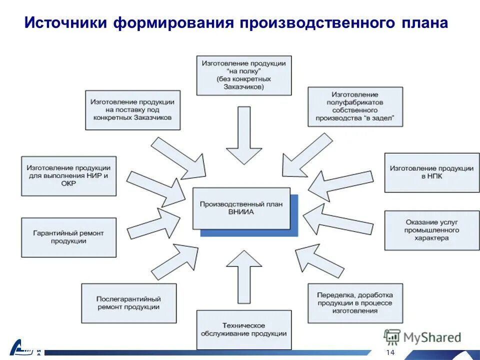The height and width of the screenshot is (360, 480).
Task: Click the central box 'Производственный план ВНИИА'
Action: tap(241, 208)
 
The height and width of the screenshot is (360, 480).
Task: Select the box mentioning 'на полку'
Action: tap(243, 75)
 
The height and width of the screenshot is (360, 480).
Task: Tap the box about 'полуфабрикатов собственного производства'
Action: tap(355, 106)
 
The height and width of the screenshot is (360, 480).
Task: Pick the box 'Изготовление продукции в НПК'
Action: tap(431, 172)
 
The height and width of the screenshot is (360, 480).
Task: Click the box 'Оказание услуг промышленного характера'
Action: tap(431, 230)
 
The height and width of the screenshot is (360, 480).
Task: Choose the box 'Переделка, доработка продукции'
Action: tap(355, 303)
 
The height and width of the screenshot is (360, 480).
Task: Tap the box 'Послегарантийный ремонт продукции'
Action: tap(128, 303)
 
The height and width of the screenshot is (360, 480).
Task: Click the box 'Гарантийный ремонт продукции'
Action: tap(68, 237)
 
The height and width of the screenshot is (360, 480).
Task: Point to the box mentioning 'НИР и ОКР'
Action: tap(68, 175)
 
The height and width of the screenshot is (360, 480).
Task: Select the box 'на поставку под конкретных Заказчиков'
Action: tap(132, 110)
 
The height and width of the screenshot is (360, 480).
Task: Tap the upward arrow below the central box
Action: tap(243, 277)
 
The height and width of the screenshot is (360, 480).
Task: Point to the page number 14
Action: tap(390, 352)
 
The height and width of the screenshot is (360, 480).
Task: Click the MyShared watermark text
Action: tap(432, 337)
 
